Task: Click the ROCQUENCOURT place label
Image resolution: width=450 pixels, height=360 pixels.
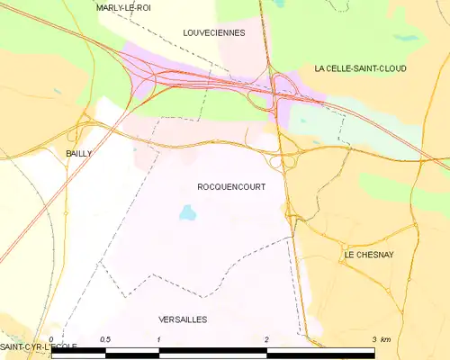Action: (230, 186)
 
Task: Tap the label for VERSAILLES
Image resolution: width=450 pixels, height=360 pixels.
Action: (183, 319)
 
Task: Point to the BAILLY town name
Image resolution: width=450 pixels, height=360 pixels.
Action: (79, 154)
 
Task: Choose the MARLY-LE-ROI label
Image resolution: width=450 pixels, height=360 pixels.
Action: (124, 7)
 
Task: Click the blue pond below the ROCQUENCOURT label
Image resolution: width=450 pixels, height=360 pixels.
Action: (187, 213)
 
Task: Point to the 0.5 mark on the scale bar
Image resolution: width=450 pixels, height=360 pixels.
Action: (105, 339)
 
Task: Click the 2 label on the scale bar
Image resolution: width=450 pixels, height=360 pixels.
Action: (266, 339)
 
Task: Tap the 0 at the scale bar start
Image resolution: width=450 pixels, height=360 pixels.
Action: (52, 339)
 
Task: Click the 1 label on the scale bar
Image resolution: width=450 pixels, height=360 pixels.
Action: (159, 339)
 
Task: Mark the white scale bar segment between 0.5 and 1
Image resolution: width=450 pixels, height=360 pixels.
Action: (132, 354)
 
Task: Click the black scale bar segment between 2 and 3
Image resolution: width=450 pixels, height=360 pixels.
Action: (319, 354)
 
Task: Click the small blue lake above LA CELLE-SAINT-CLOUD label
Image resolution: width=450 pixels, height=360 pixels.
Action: (405, 38)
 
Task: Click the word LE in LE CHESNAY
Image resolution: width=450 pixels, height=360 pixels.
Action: (349, 255)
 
